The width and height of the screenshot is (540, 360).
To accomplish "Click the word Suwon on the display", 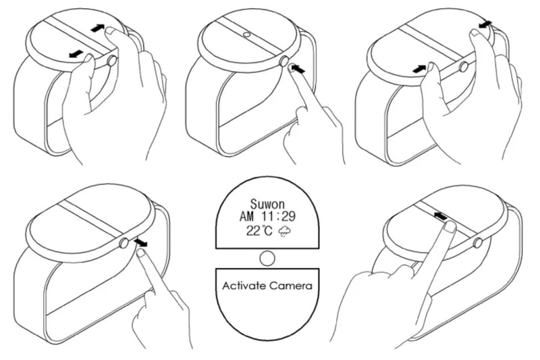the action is pyautogui.click(x=267, y=204).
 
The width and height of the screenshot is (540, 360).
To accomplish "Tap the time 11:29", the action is pyautogui.click(x=278, y=216).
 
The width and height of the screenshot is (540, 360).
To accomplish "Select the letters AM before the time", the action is pyautogui.click(x=246, y=216).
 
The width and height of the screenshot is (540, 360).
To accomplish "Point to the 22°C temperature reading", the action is pyautogui.click(x=259, y=230).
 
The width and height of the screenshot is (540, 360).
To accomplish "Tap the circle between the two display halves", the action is pyautogui.click(x=267, y=259).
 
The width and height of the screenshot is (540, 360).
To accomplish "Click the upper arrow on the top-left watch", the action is pyautogui.click(x=98, y=28).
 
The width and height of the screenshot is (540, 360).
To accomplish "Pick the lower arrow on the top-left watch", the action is pyautogui.click(x=76, y=54).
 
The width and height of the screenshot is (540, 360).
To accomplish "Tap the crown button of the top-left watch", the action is pyautogui.click(x=111, y=61).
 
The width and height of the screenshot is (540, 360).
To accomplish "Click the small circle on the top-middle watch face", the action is pyautogui.click(x=246, y=34).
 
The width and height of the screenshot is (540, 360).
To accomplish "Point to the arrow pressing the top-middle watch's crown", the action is pyautogui.click(x=297, y=70).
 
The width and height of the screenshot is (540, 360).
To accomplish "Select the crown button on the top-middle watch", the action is pyautogui.click(x=283, y=61).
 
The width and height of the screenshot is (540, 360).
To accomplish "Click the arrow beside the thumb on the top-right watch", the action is pyautogui.click(x=419, y=69).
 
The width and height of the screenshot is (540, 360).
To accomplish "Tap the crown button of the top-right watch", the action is pyautogui.click(x=464, y=66).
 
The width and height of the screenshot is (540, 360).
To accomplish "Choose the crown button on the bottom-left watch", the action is pyautogui.click(x=124, y=244).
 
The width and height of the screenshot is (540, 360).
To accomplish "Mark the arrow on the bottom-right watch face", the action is pyautogui.click(x=441, y=216).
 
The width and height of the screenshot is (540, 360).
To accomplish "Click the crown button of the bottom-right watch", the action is pyautogui.click(x=477, y=243).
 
